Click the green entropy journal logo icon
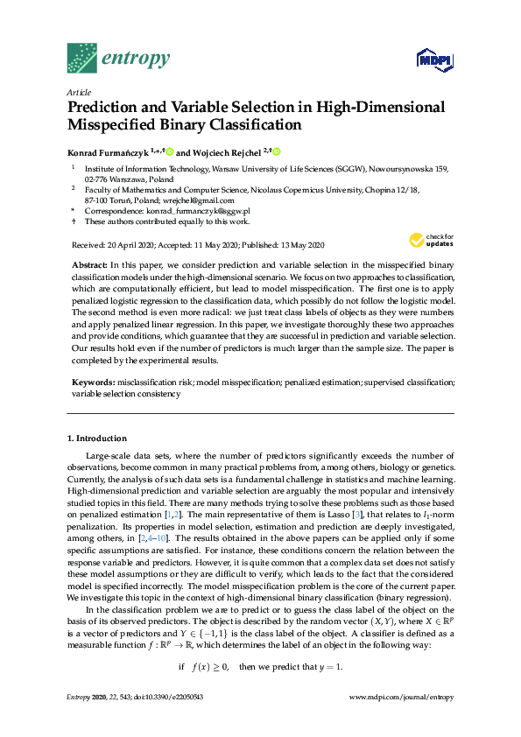[82, 58]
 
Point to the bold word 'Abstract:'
[90, 264]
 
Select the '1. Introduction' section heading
[97, 438]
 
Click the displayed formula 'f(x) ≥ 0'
[211, 666]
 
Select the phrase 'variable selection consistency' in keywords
[126, 394]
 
